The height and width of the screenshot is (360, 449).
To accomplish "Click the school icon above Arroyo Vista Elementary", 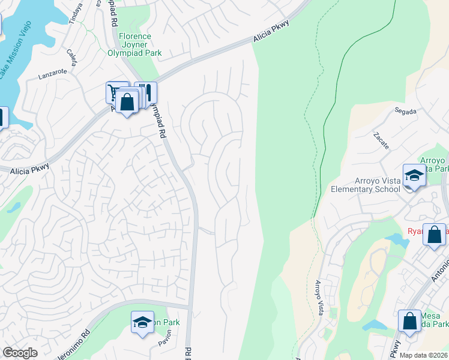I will (414, 175).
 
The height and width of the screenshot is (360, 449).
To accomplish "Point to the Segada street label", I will (405, 111).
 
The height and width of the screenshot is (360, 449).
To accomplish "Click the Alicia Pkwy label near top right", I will (271, 31).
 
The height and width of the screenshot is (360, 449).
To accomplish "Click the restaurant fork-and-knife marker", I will (145, 93).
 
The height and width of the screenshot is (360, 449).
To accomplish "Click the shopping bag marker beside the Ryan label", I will (434, 235).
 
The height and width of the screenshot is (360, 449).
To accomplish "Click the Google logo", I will (20, 353).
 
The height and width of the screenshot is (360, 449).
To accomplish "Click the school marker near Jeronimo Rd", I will (142, 323).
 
